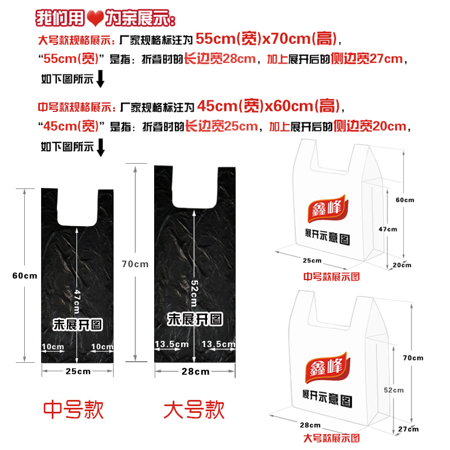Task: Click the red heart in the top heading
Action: (95, 19)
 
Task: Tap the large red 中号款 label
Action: (74, 409)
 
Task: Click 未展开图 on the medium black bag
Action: (78, 324)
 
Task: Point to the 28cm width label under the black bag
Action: (196, 371)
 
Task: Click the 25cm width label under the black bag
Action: (78, 371)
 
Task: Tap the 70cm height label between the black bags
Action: (135, 264)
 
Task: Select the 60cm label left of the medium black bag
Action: (25, 275)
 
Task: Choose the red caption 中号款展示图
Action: (331, 276)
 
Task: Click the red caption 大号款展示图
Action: (331, 438)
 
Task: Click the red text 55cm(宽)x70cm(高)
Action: (267, 39)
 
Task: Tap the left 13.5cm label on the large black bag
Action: (172, 344)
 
